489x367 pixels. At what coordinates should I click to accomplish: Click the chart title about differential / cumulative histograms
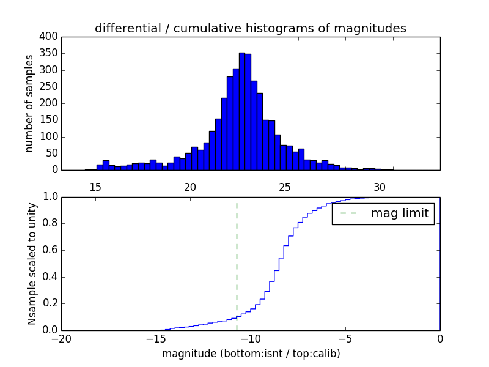250,28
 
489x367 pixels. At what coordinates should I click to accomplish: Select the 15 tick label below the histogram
95,187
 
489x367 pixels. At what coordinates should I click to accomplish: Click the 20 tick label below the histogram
190,187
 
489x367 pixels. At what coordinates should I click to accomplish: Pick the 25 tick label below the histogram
285,187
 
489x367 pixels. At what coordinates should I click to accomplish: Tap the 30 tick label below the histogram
380,187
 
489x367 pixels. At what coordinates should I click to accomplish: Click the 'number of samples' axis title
29,103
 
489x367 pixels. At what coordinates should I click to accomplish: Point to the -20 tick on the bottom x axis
62,338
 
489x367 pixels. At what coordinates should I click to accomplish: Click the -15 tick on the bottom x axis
156,338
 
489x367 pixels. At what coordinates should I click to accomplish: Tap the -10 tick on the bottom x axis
251,338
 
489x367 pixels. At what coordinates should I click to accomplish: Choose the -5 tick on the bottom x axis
345,338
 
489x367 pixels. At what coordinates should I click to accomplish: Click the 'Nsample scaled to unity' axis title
32,264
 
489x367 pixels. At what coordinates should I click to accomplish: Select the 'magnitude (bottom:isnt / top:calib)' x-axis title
251,354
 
